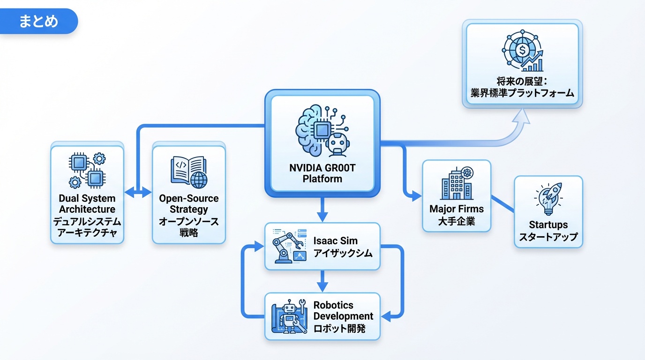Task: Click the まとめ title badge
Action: click(38, 22)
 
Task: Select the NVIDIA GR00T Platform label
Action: click(322, 173)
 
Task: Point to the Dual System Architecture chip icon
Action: click(87, 170)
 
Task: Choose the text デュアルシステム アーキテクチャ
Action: click(87, 227)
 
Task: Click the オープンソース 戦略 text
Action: click(188, 227)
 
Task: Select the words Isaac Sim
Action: click(336, 241)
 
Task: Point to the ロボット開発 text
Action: click(339, 328)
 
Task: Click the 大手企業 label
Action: click(457, 221)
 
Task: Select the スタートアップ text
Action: click(548, 237)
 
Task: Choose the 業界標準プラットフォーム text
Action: click(523, 93)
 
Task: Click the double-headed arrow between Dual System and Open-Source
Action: click(138, 192)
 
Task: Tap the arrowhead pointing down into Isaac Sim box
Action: click(322, 217)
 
